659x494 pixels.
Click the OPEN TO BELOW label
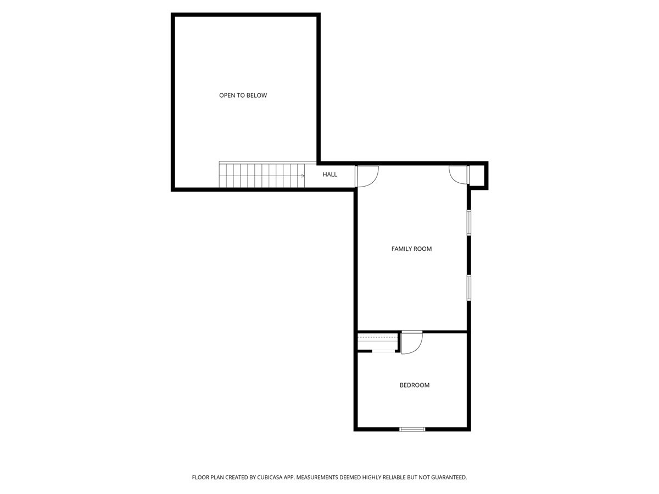point(243,96)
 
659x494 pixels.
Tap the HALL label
point(329,175)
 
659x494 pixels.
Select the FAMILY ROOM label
point(411,249)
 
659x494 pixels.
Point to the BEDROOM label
point(414,385)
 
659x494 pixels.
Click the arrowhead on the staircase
point(303,176)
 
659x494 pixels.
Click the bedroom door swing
point(411,343)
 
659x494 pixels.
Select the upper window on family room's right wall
point(469,222)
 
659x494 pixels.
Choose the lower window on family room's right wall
point(469,287)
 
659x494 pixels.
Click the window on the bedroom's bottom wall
point(412,429)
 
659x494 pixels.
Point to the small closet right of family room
point(478,176)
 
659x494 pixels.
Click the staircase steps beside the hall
point(261,175)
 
